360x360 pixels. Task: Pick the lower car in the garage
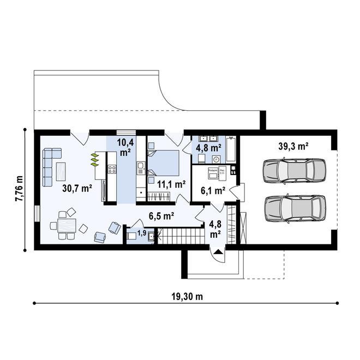(x=293, y=208)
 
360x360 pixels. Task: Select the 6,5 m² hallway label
(x=161, y=215)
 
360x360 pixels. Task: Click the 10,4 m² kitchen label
(x=125, y=147)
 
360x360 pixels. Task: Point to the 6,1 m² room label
(x=213, y=191)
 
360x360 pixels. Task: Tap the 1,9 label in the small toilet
(x=141, y=233)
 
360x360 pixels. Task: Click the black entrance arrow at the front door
(x=218, y=251)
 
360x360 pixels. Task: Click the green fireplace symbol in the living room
(x=95, y=160)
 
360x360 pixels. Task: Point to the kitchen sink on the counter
(x=140, y=166)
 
